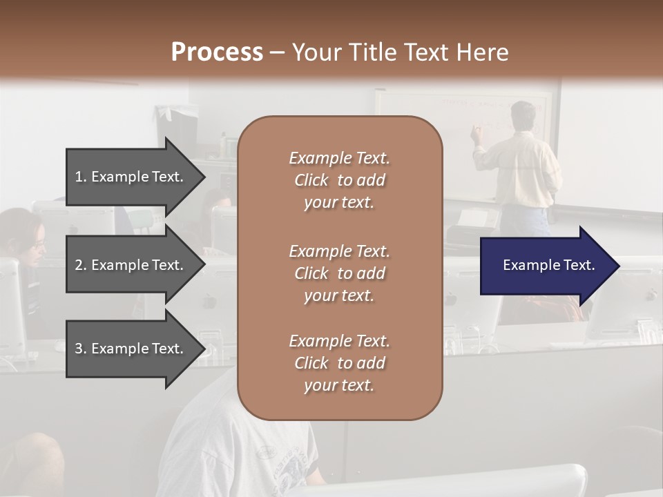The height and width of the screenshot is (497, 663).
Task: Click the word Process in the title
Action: (x=217, y=52)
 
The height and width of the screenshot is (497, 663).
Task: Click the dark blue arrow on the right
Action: (x=546, y=265)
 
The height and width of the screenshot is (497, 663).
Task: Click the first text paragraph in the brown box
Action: (x=339, y=180)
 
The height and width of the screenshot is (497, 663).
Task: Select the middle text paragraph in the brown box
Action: (x=339, y=273)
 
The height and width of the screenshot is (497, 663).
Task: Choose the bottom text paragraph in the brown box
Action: (x=339, y=363)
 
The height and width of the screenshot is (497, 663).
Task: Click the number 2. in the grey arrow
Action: (x=81, y=265)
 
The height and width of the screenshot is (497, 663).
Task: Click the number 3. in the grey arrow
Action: (x=81, y=349)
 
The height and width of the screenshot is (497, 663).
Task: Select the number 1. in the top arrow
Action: (x=81, y=177)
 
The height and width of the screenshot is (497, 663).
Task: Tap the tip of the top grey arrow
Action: (x=204, y=177)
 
